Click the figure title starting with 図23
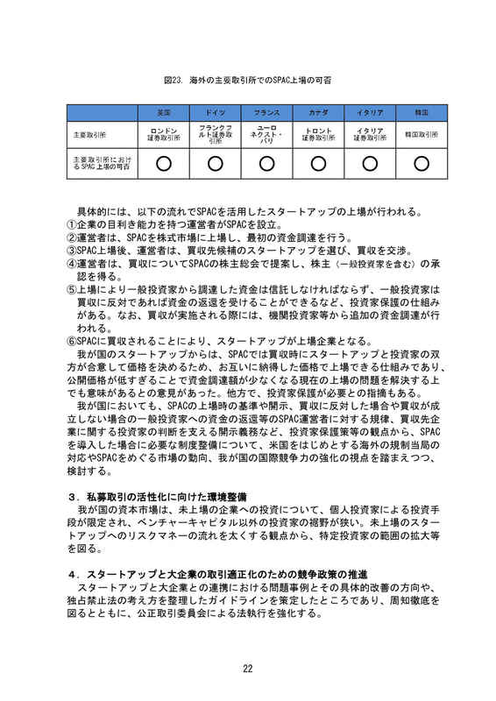tap(247, 80)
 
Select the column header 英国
tap(163, 113)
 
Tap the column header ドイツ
tap(215, 113)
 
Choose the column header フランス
tap(266, 113)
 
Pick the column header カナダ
tap(318, 113)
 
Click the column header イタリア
tap(370, 113)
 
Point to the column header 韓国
tap(421, 113)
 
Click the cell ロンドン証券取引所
tap(163, 135)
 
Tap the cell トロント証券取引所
tap(318, 135)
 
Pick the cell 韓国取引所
tap(421, 135)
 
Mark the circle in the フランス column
tap(266, 163)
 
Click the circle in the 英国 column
tap(163, 163)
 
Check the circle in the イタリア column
tap(370, 163)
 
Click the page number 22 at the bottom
tap(248, 669)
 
